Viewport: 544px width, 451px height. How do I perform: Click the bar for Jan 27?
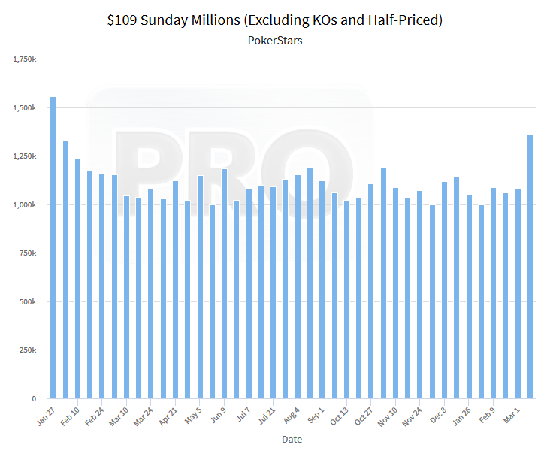(x=53, y=248)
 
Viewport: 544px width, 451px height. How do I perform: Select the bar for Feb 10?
(x=77, y=279)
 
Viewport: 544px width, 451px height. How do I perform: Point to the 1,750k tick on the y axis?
(x=26, y=59)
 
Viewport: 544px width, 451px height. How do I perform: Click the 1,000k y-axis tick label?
(x=26, y=205)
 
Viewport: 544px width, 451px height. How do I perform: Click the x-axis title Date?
(x=292, y=438)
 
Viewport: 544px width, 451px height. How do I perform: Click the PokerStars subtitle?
(x=275, y=41)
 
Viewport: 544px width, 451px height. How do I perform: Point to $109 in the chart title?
(x=122, y=20)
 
